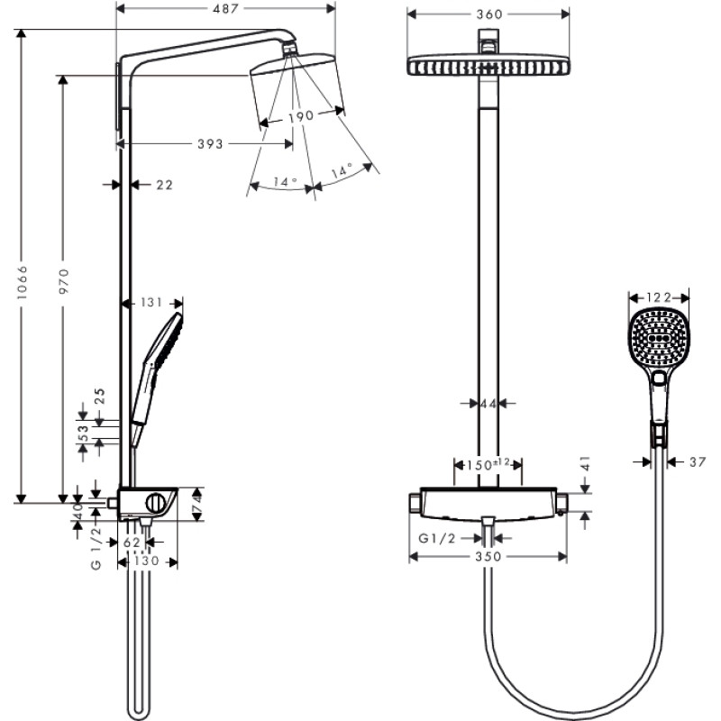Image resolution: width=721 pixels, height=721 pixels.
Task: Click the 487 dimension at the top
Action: tap(226, 10)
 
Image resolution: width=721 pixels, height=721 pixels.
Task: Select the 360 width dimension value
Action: tap(489, 14)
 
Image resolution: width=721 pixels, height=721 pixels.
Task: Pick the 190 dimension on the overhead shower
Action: tap(300, 115)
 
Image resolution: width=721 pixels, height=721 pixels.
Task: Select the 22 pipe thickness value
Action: tap(163, 185)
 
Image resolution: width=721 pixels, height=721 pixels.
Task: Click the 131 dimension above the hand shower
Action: tap(151, 303)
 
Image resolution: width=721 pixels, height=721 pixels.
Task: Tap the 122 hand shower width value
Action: tap(658, 297)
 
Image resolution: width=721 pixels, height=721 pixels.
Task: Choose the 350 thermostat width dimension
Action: tap(488, 557)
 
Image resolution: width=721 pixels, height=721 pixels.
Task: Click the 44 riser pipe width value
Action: tap(488, 404)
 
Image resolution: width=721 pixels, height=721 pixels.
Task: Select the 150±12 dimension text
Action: tap(487, 464)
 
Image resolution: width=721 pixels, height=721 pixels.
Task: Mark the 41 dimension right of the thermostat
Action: tap(585, 465)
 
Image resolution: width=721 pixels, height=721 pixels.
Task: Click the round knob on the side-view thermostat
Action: tap(160, 503)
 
